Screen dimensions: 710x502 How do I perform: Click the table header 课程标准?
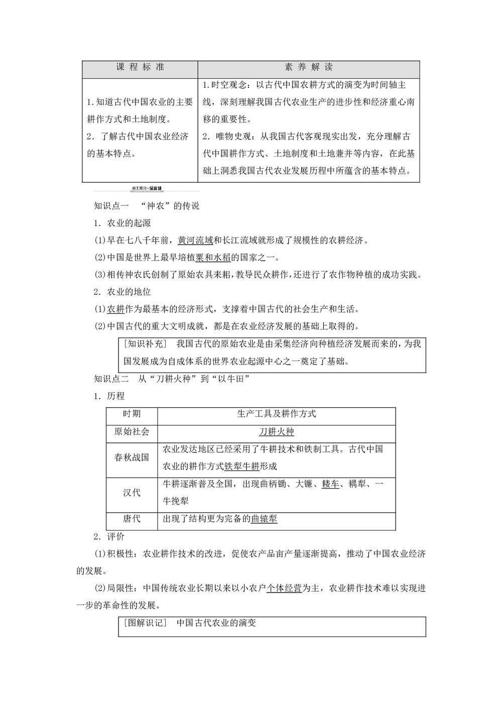pyautogui.click(x=140, y=67)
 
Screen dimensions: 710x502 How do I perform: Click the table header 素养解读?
pyautogui.click(x=308, y=67)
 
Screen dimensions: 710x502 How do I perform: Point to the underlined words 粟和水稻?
pyautogui.click(x=213, y=257)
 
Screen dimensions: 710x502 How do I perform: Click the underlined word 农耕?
pyautogui.click(x=116, y=309)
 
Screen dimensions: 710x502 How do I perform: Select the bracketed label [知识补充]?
pyautogui.click(x=144, y=344)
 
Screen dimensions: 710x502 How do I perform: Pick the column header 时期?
pyautogui.click(x=132, y=414)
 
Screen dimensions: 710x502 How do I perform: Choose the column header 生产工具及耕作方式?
pyautogui.click(x=276, y=414)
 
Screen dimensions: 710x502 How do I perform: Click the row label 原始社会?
pyautogui.click(x=132, y=431)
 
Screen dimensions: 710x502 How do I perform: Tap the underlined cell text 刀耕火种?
pyautogui.click(x=276, y=432)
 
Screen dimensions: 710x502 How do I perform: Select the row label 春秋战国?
pyautogui.click(x=132, y=457)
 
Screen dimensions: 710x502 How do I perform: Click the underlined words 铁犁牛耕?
pyautogui.click(x=241, y=466)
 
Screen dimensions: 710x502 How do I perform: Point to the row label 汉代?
pyautogui.click(x=132, y=493)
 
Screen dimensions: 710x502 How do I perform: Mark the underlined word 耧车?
pyautogui.click(x=330, y=484)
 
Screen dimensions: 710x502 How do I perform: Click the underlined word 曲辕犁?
pyautogui.click(x=264, y=519)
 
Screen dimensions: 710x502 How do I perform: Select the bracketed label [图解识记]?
pyautogui.click(x=144, y=623)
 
